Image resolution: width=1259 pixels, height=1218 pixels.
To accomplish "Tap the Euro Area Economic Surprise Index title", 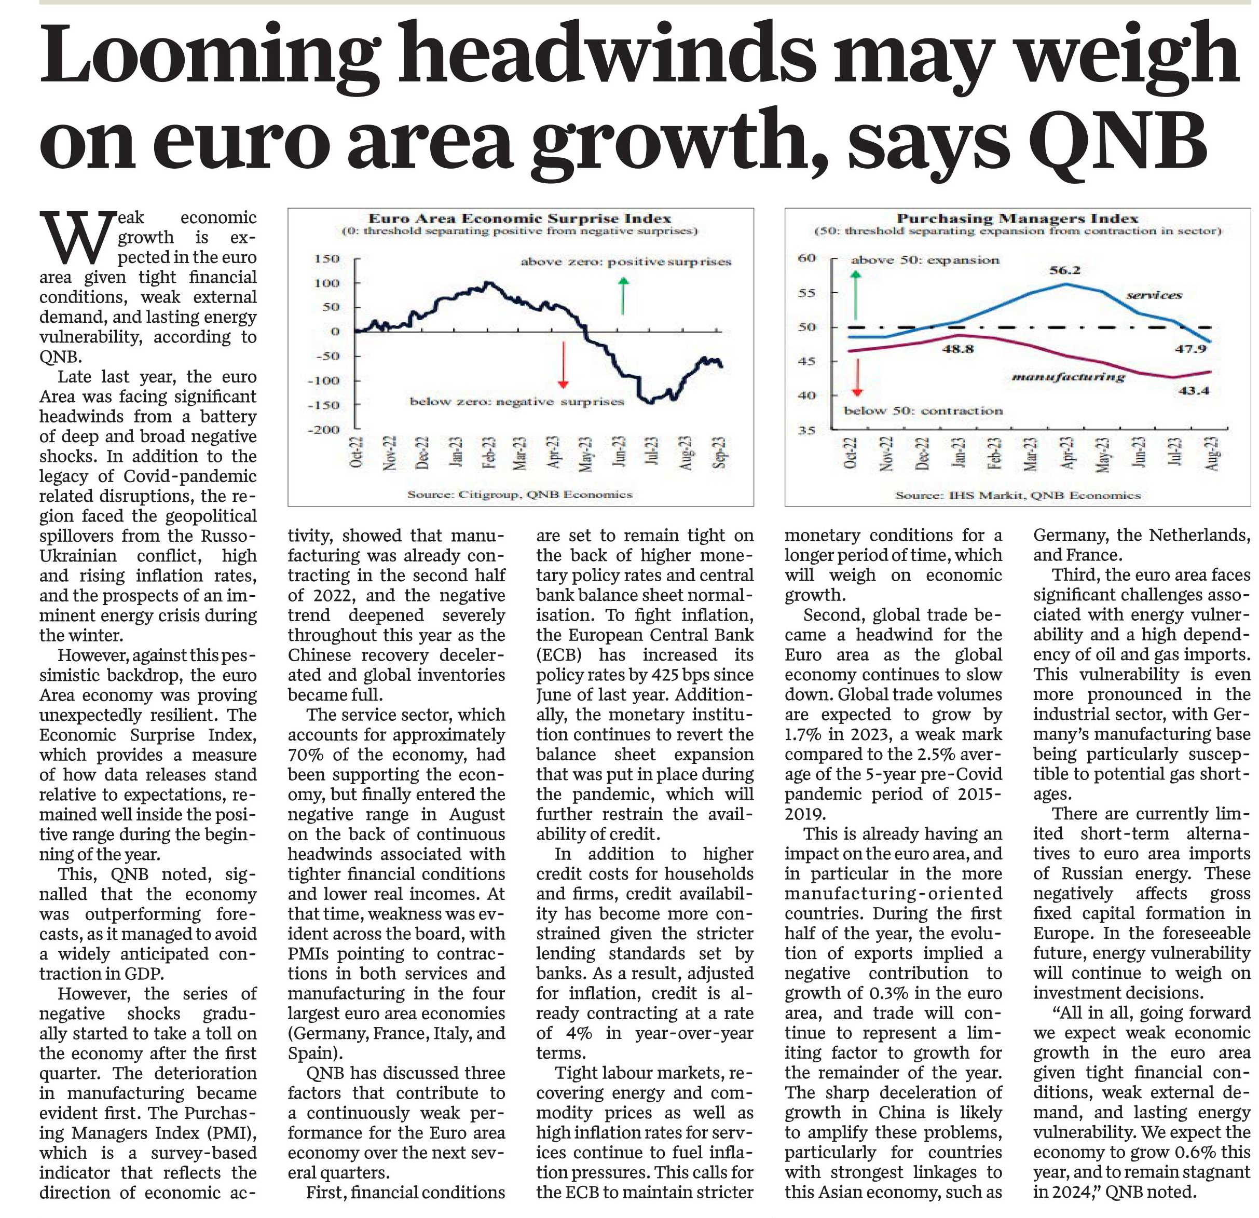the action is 519,218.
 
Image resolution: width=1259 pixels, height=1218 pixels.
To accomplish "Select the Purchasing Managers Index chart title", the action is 1018,218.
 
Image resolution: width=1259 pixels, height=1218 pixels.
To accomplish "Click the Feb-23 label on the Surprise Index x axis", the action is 489,454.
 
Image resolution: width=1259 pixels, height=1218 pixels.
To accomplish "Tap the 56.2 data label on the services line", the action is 1065,270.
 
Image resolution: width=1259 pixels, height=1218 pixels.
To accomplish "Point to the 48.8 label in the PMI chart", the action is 957,349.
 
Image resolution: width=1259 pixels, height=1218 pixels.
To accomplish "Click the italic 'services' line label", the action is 1154,295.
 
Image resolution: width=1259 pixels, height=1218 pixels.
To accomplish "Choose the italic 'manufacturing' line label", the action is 1068,377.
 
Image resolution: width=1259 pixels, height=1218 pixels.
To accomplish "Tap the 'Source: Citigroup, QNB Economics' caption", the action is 519,494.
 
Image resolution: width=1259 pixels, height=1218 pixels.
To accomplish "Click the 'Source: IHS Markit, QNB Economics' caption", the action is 1018,495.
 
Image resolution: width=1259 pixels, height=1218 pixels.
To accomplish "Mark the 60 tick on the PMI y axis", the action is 807,258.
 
